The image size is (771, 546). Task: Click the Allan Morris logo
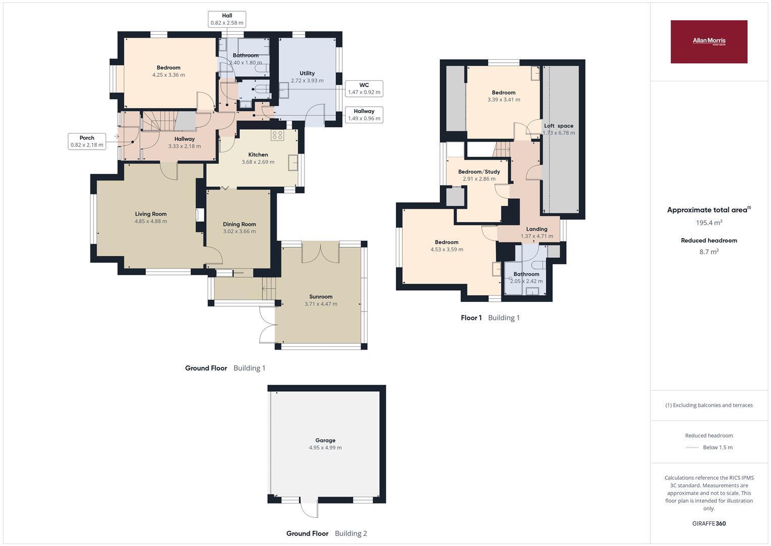point(709,41)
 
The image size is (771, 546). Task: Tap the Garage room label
point(325,440)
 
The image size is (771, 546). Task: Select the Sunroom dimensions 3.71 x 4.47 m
point(321,304)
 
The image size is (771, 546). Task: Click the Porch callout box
point(87,142)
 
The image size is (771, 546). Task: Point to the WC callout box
point(364,88)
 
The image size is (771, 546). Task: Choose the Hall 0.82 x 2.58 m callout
point(227,19)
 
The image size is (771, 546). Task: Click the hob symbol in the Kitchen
point(277,135)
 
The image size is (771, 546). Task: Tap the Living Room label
point(151,214)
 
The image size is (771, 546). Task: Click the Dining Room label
point(239,224)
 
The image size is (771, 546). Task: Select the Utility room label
point(307,73)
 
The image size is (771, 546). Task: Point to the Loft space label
point(558,126)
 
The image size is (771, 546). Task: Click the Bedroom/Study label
point(479,172)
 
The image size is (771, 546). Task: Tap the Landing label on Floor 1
point(537,229)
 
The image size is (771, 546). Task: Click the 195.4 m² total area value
point(709,222)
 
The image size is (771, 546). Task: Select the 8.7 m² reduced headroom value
point(709,252)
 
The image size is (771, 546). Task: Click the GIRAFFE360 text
point(709,523)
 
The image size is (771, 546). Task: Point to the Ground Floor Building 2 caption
point(327,533)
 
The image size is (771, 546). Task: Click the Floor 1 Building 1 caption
point(490,318)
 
